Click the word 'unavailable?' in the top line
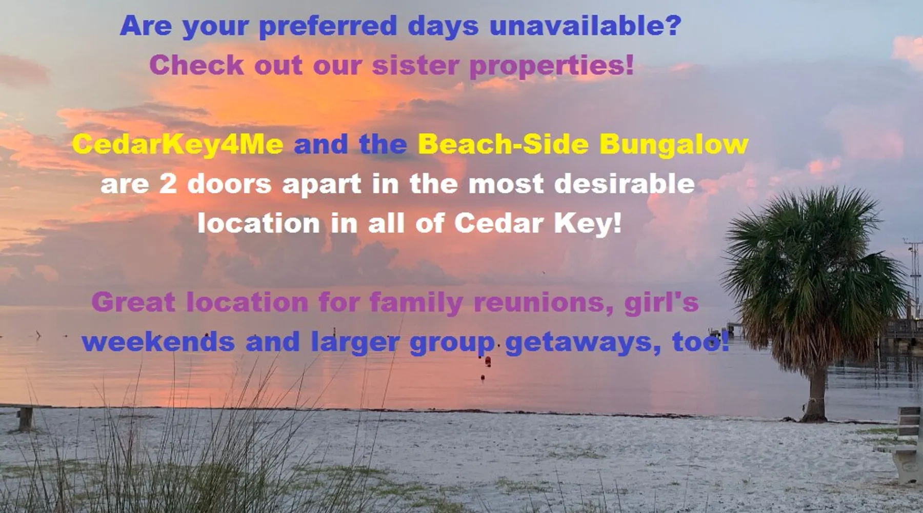tap(585, 26)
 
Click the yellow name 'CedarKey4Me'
tap(177, 144)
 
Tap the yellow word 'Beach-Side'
tap(503, 144)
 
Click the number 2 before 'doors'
tap(168, 184)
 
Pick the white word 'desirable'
tap(625, 183)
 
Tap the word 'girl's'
tap(661, 303)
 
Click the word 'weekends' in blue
tap(158, 342)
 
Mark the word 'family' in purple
tap(416, 303)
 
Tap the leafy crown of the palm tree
tap(810, 267)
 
